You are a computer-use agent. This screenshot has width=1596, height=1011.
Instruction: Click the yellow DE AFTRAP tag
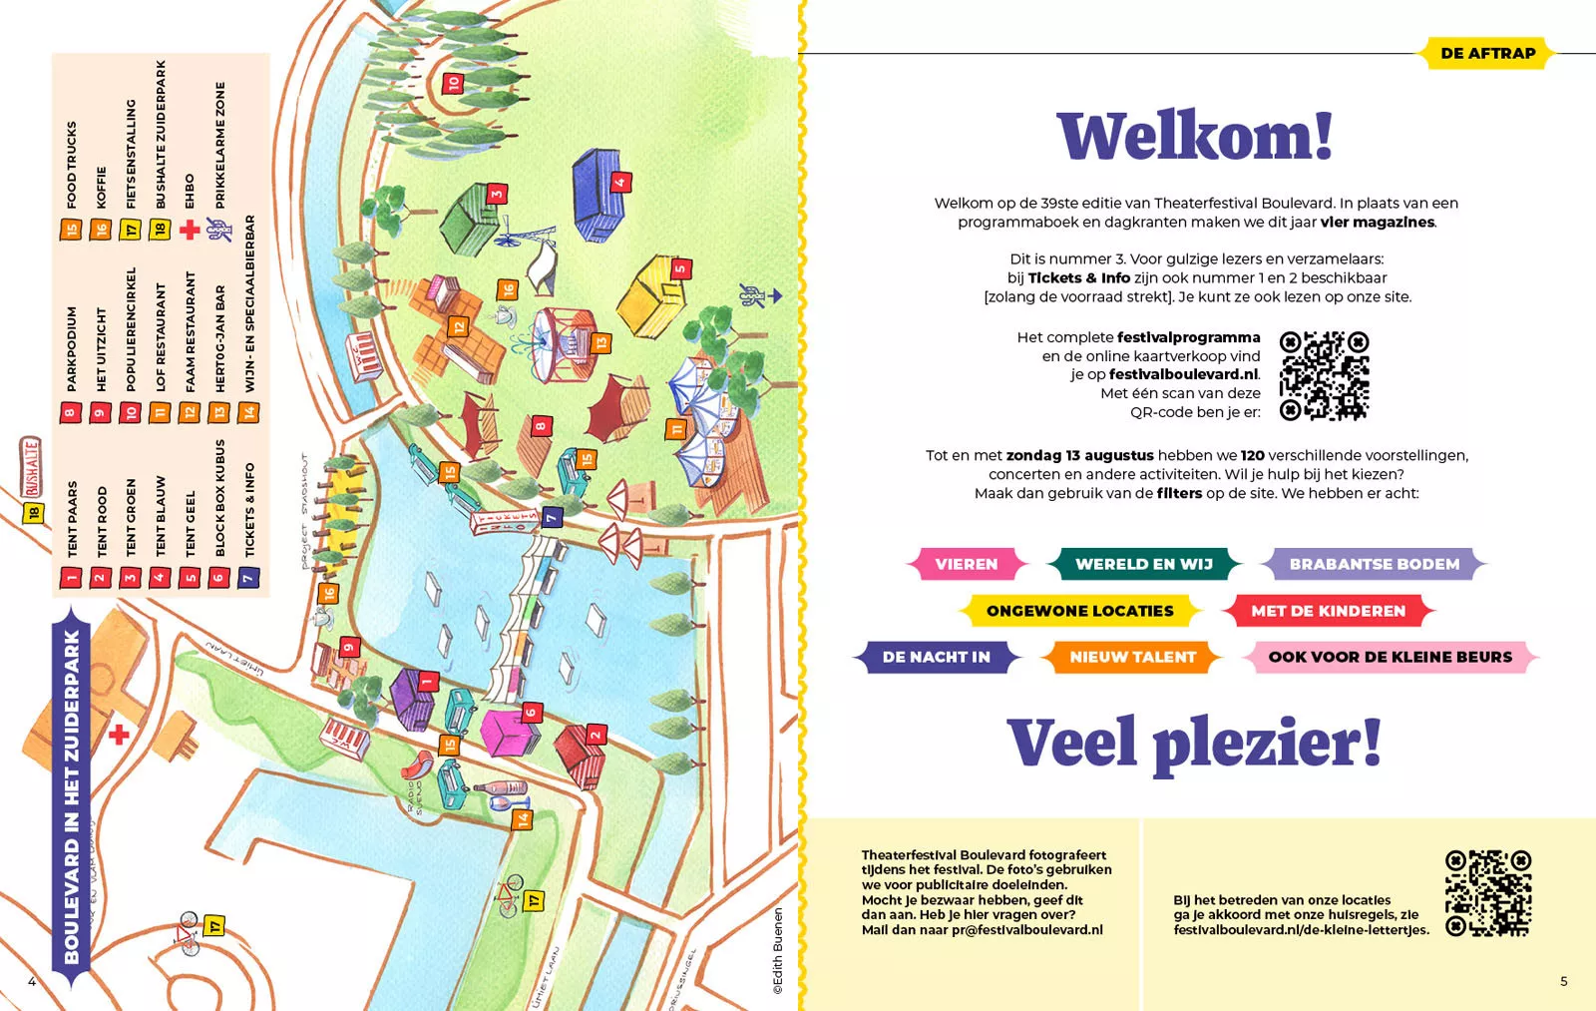(x=1487, y=53)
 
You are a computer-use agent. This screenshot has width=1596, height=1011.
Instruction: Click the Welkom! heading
(x=1195, y=137)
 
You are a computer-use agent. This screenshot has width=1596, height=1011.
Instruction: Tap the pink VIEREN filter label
(x=966, y=564)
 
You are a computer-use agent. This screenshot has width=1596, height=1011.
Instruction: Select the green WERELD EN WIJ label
(x=1143, y=564)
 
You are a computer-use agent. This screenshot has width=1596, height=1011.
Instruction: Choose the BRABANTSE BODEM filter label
(x=1374, y=564)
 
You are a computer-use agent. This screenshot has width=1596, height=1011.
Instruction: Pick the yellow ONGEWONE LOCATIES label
(x=1079, y=611)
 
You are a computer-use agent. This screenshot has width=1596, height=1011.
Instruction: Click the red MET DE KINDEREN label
(x=1328, y=611)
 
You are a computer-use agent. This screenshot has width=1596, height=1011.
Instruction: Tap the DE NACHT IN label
(x=936, y=657)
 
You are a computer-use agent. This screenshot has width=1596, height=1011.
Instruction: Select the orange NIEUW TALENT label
(x=1132, y=657)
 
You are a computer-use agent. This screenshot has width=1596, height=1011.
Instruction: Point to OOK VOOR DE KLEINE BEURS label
(x=1390, y=657)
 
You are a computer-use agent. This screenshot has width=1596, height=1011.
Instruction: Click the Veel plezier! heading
(x=1194, y=744)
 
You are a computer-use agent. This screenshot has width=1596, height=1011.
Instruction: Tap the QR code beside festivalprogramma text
(x=1324, y=375)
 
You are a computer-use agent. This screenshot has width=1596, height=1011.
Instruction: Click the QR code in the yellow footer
(x=1487, y=893)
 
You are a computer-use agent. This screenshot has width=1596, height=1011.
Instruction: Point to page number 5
(x=1563, y=981)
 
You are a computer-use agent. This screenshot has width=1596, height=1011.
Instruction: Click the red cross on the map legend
(x=190, y=230)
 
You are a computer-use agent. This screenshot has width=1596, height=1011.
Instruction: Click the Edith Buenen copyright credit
(x=778, y=950)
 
